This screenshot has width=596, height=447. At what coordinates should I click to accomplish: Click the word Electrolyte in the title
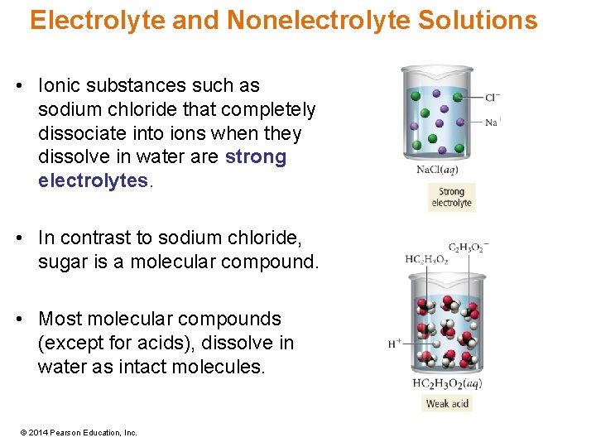(x=98, y=20)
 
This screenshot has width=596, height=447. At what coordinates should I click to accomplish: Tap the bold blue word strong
(x=256, y=157)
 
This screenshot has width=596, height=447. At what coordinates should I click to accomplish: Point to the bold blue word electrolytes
(x=91, y=181)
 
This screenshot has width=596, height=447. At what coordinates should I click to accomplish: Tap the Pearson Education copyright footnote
(x=79, y=432)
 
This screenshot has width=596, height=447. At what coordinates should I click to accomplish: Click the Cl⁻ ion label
(x=492, y=98)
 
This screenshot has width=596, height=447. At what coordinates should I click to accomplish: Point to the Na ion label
(x=492, y=122)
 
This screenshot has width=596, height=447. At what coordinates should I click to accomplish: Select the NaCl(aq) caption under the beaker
(x=437, y=170)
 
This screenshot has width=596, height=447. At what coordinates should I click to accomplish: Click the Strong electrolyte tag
(x=452, y=198)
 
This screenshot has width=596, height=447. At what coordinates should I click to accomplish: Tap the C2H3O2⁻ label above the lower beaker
(x=469, y=248)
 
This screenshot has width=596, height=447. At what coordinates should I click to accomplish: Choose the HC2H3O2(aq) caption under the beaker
(x=447, y=383)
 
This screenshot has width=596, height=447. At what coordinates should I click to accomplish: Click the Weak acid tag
(x=447, y=404)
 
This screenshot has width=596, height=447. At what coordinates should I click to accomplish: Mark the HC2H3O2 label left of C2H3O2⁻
(x=426, y=260)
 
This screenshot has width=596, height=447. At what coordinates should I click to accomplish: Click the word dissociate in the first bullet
(x=77, y=133)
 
